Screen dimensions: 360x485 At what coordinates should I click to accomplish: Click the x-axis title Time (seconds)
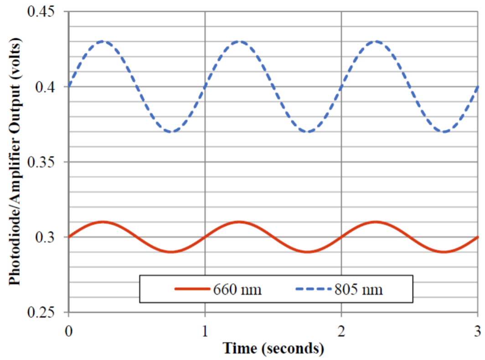273,348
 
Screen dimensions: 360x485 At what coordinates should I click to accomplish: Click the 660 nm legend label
237,289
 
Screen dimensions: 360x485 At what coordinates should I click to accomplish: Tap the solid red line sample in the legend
191,289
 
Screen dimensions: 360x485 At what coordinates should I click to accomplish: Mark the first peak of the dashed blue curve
103,42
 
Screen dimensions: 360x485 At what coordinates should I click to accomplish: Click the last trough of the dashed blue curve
444,132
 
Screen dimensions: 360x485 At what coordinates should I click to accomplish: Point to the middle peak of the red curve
239,222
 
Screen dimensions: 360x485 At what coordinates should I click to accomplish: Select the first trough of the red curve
171,252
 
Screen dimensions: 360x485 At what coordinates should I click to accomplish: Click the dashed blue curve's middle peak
239,42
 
